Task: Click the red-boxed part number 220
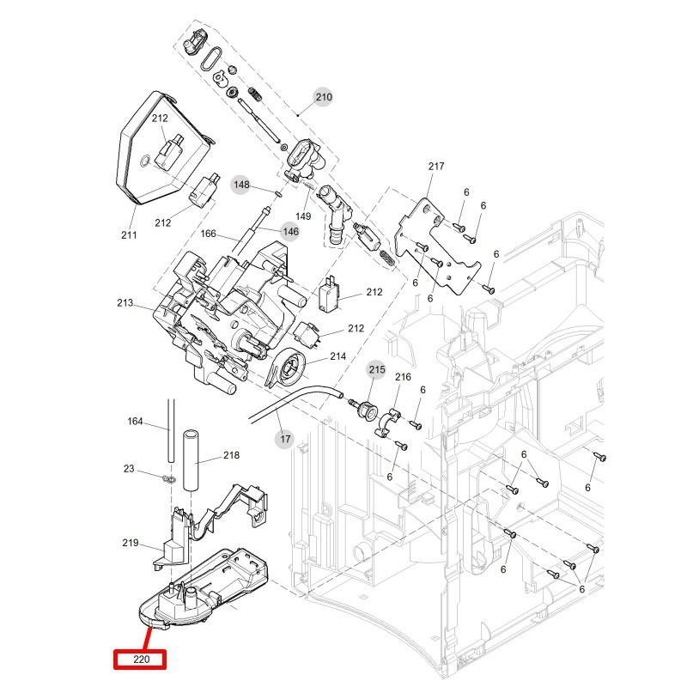point(140,660)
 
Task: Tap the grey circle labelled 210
point(323,97)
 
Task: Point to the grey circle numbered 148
point(241,185)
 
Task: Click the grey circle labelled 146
point(290,231)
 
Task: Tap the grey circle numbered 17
point(285,440)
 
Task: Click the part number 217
point(436,167)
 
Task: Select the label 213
point(125,303)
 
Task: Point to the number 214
point(337,356)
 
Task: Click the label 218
point(231,455)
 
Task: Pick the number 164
point(136,421)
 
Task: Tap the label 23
point(129,469)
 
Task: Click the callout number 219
point(131,543)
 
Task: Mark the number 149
point(303,216)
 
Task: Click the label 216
point(403,377)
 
